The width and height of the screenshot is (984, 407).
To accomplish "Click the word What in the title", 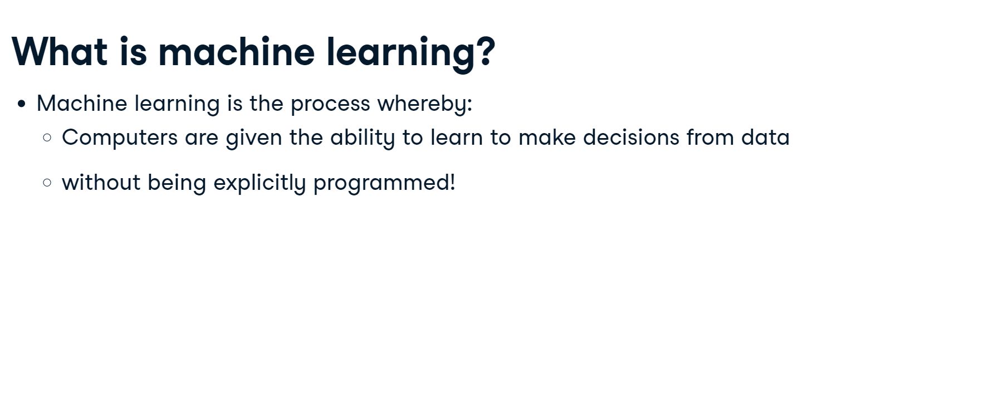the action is (x=60, y=51).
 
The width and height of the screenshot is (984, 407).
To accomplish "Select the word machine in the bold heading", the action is (x=237, y=51).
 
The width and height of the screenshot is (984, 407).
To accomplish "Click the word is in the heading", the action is (x=133, y=51).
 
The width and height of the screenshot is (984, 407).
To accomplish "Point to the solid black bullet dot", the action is (x=22, y=104).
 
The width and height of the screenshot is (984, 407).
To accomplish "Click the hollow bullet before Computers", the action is (x=47, y=138).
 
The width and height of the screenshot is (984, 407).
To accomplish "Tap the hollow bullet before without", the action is (x=47, y=183).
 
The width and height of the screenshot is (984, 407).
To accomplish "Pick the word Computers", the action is (x=120, y=138).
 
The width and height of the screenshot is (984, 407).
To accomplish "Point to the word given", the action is (x=254, y=138).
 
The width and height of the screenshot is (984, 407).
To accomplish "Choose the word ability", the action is (x=363, y=138).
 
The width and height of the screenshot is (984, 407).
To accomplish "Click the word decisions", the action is (x=631, y=137).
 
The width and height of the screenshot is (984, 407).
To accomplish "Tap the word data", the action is (x=765, y=137).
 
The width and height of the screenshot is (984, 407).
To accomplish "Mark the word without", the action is (x=101, y=182).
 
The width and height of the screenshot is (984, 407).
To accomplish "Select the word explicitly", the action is (x=260, y=183).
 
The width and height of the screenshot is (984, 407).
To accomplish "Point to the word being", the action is (x=177, y=183).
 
